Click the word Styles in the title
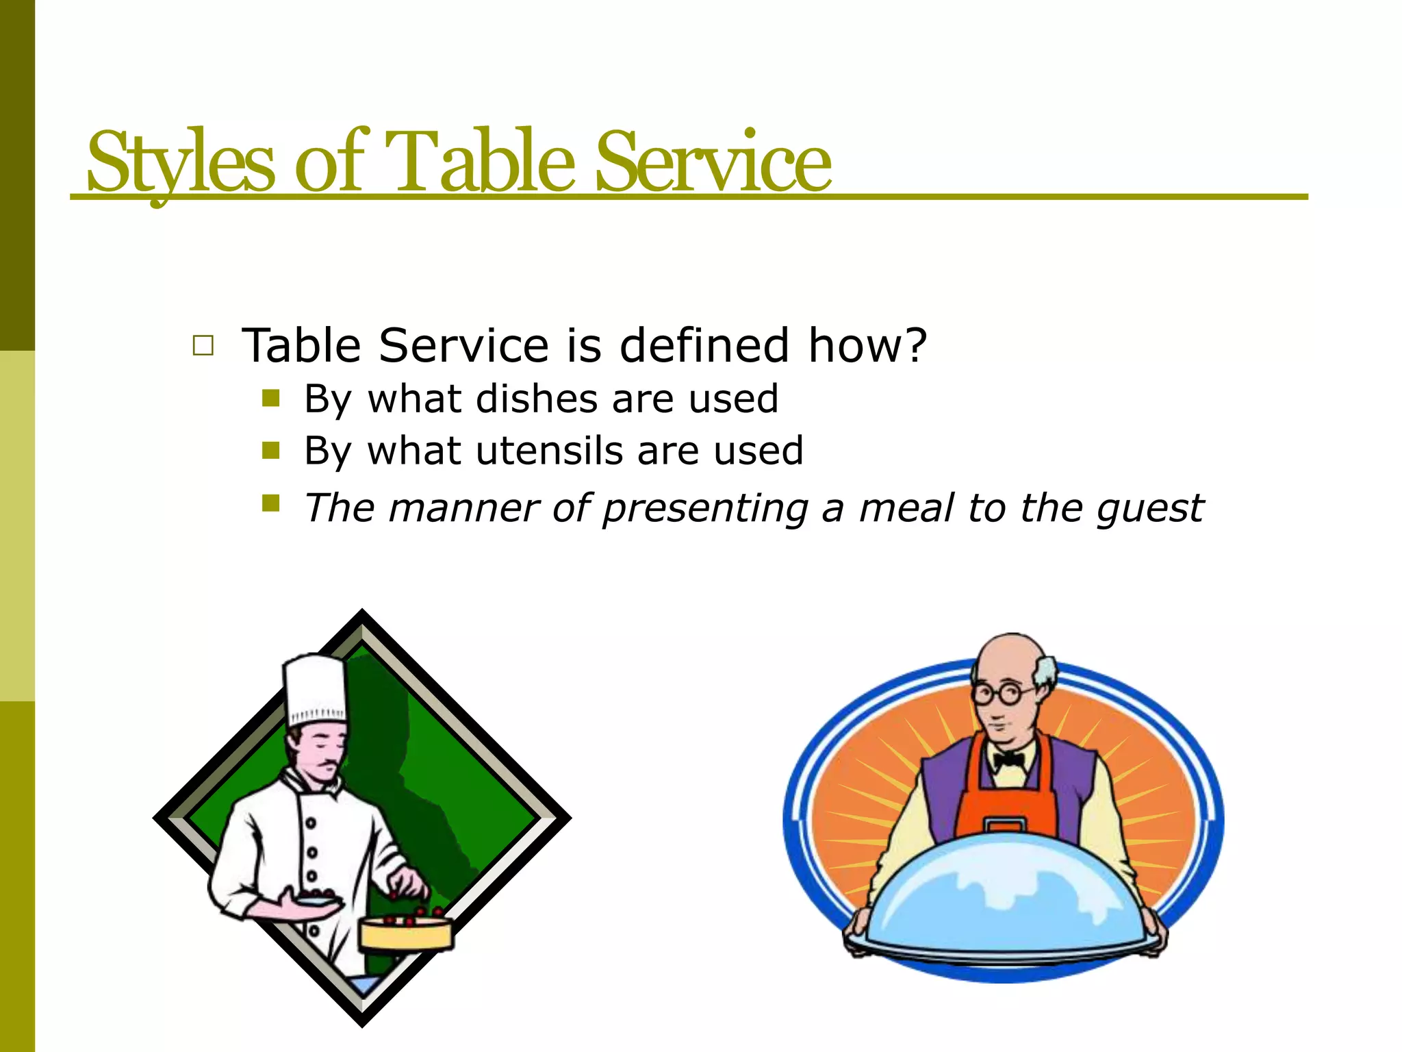[181, 163]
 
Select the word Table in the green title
[479, 163]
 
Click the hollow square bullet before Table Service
[203, 345]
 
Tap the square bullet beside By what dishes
[271, 399]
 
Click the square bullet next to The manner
[271, 504]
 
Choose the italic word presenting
[705, 510]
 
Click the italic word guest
[1149, 510]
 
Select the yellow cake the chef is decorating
[406, 933]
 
